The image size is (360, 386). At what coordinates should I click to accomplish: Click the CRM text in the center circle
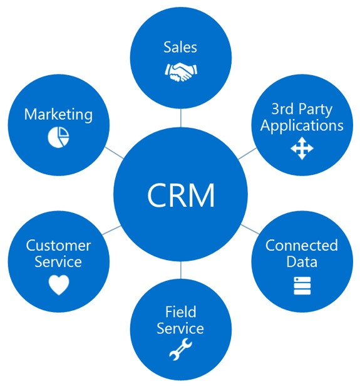(x=181, y=195)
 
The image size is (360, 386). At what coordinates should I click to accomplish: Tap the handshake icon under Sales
(x=181, y=72)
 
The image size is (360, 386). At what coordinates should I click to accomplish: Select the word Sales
(x=180, y=47)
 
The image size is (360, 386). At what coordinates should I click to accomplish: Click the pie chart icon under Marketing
(x=58, y=137)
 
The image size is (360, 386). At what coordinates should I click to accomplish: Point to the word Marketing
(x=58, y=115)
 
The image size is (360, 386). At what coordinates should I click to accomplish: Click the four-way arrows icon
(x=302, y=149)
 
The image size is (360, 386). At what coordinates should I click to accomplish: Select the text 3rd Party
(x=302, y=109)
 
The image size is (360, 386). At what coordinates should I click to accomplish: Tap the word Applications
(x=302, y=125)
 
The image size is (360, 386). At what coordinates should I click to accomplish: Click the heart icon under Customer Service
(x=59, y=285)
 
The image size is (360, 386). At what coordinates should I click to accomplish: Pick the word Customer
(x=58, y=246)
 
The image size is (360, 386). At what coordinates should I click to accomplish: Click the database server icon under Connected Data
(x=302, y=286)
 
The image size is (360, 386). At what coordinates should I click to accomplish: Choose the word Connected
(x=302, y=246)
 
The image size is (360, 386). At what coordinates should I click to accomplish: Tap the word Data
(x=302, y=261)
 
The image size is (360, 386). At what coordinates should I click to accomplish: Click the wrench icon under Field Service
(x=181, y=349)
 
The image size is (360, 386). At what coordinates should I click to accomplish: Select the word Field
(x=181, y=311)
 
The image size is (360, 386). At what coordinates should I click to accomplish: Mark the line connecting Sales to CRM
(x=181, y=118)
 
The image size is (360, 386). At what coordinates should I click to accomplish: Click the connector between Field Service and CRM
(x=181, y=270)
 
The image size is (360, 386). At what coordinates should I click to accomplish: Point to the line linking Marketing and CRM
(x=114, y=153)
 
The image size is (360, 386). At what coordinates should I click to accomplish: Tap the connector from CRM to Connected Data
(x=250, y=229)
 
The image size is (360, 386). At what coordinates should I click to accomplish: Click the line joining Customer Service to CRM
(x=111, y=230)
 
